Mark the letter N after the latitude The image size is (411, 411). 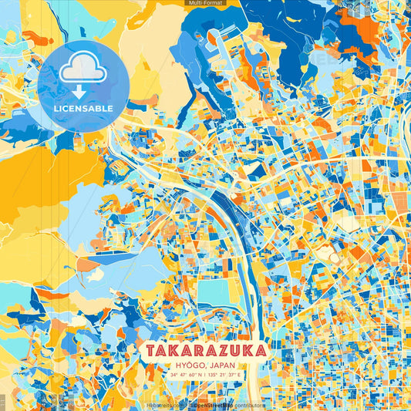pyautogui.click(x=198, y=376)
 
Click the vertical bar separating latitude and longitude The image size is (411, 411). pyautogui.click(x=204, y=376)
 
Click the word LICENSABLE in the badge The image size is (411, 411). pyautogui.click(x=83, y=109)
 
